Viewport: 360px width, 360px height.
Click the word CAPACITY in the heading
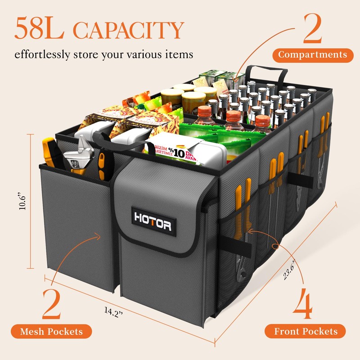(x=129, y=31)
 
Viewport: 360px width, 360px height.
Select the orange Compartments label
(x=312, y=55)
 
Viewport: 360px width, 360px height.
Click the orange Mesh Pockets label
(x=51, y=332)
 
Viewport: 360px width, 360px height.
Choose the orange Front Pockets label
(x=306, y=332)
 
